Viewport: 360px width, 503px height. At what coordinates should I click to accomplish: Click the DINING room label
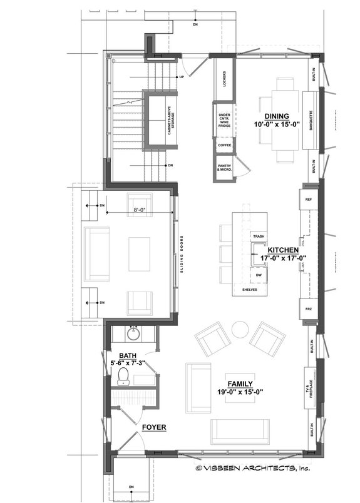click(276, 116)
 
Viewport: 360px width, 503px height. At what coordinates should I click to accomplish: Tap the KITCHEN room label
click(277, 249)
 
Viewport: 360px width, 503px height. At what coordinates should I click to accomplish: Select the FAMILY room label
click(240, 384)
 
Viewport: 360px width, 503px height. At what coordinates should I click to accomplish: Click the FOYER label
click(153, 428)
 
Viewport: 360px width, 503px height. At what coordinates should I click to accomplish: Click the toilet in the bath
click(123, 375)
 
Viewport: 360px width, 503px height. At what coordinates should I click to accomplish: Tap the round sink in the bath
click(133, 334)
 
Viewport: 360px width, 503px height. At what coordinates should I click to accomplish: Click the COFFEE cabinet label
click(224, 145)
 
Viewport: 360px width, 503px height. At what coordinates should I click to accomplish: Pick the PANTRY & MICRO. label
click(224, 167)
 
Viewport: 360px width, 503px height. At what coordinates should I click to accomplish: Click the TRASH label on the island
click(258, 236)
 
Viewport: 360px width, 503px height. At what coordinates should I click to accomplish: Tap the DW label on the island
click(258, 275)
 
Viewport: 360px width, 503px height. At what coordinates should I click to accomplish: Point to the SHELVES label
click(249, 290)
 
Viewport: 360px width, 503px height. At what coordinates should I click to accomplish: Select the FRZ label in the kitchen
click(308, 309)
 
